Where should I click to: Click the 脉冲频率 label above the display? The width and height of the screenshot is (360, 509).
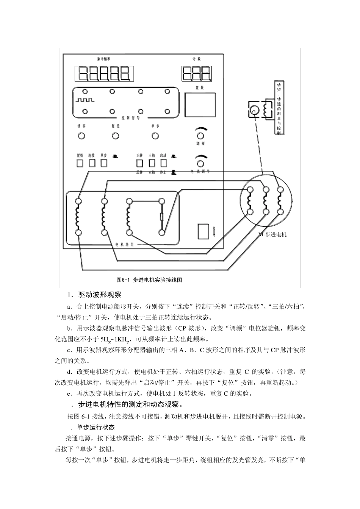pos(104,59)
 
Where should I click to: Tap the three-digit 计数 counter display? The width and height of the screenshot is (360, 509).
pos(196,73)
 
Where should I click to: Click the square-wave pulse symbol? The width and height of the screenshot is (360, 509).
pos(85,100)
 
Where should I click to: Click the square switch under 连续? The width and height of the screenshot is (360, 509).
pos(92,163)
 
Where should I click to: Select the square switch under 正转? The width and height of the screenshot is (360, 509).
pos(139,163)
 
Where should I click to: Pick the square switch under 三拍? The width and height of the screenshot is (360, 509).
pos(152,163)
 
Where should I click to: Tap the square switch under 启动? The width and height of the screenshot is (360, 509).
pos(164,163)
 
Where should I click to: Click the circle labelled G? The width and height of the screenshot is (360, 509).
pos(254,111)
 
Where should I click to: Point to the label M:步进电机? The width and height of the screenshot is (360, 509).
pos(272,234)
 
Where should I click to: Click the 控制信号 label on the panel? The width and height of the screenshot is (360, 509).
pos(131,118)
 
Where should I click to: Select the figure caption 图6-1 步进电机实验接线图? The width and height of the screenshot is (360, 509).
pos(149,280)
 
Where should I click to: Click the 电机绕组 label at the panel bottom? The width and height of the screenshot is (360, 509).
pos(124,245)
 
